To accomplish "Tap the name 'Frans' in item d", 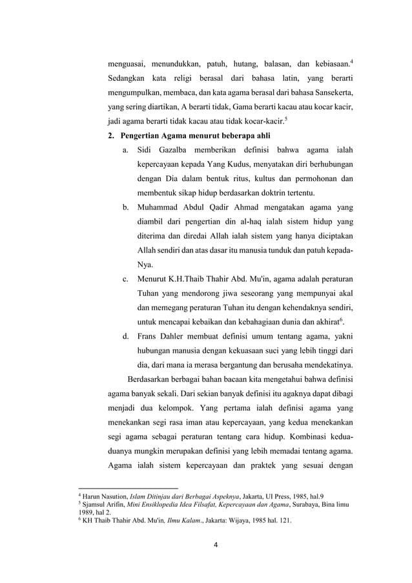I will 150,336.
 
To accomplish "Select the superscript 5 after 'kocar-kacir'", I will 286,118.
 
